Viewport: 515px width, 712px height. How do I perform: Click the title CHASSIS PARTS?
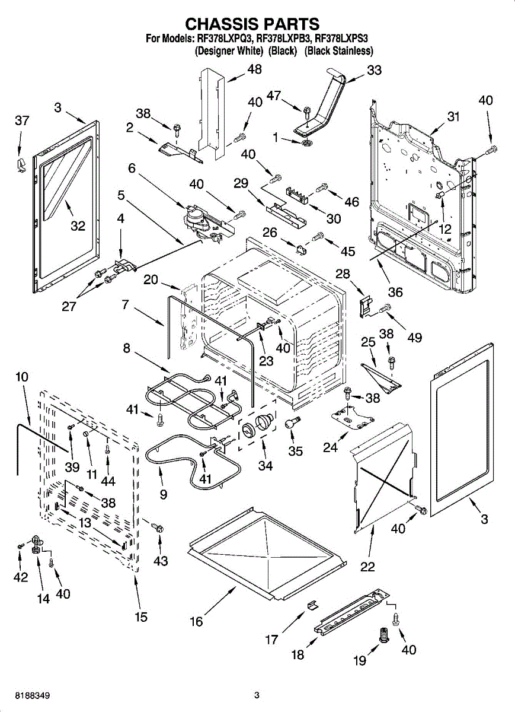click(253, 24)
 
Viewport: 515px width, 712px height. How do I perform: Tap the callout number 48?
click(254, 69)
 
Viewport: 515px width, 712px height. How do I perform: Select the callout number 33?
click(374, 70)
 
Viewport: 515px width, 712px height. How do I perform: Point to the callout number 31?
click(453, 117)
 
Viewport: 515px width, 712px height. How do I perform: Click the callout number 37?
click(22, 121)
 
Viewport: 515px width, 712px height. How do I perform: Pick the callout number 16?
click(196, 621)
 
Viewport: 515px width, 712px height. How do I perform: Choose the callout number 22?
click(367, 567)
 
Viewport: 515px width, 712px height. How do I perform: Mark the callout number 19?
click(360, 661)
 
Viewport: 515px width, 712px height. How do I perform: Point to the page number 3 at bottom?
click(257, 695)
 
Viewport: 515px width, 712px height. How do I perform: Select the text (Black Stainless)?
click(338, 51)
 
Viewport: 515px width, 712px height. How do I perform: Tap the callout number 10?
click(22, 377)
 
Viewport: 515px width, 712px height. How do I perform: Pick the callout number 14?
click(43, 599)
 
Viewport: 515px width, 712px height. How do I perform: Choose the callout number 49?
click(414, 338)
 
